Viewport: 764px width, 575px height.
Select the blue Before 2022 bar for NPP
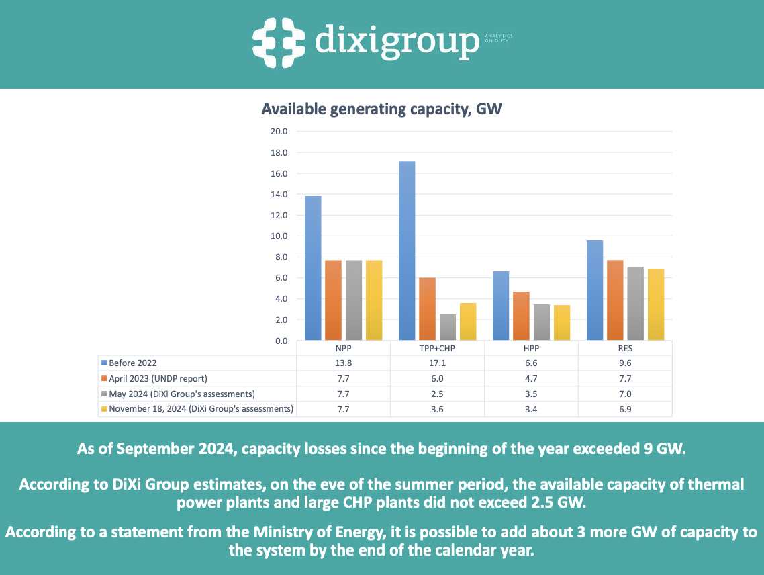point(313,268)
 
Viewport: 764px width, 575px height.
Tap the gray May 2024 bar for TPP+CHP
point(447,327)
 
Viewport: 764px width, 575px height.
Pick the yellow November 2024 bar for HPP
point(561,322)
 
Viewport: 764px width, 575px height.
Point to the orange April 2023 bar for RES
point(615,300)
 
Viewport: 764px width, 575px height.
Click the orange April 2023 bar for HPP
point(521,316)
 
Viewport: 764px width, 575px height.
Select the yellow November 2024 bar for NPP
point(373,300)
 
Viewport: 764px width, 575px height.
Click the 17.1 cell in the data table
point(437,363)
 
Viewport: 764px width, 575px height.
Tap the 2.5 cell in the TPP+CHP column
point(437,394)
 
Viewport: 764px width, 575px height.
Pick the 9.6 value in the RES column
point(625,363)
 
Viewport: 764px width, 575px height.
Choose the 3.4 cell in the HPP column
point(531,409)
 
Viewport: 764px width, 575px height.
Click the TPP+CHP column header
point(437,349)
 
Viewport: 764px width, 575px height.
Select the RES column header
point(625,349)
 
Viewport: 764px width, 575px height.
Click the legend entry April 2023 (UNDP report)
point(158,378)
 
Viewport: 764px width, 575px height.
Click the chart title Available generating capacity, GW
point(382,109)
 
